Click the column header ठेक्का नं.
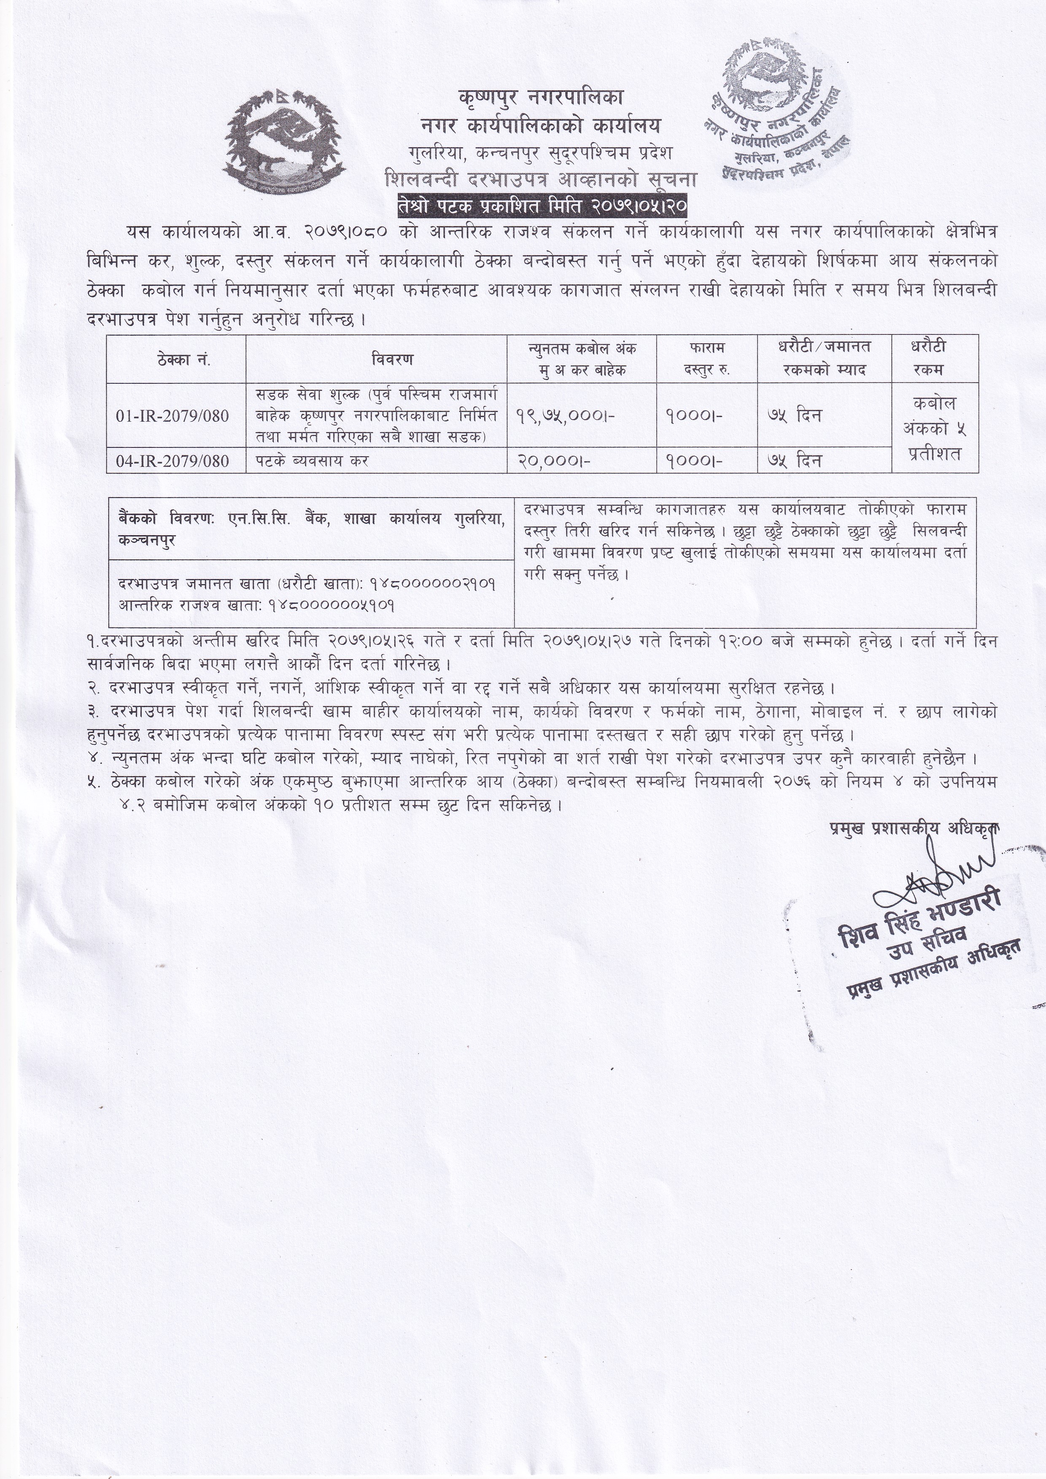point(176,359)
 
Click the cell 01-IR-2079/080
point(173,415)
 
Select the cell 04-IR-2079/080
point(173,461)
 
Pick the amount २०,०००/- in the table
point(554,461)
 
